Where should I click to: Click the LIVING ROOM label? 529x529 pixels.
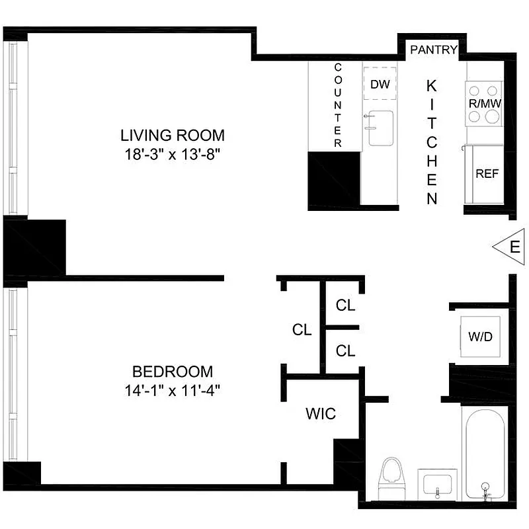[x=173, y=136]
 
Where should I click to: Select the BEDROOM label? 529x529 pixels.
[x=173, y=371]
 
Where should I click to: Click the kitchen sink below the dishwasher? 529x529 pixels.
[x=380, y=128]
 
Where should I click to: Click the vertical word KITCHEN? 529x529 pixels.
[x=432, y=142]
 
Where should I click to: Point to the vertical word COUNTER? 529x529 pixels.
[x=338, y=106]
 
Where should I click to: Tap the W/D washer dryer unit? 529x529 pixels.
[x=480, y=337]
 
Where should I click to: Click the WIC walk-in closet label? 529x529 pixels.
[x=321, y=414]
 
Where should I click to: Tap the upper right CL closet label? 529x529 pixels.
[x=345, y=305]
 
